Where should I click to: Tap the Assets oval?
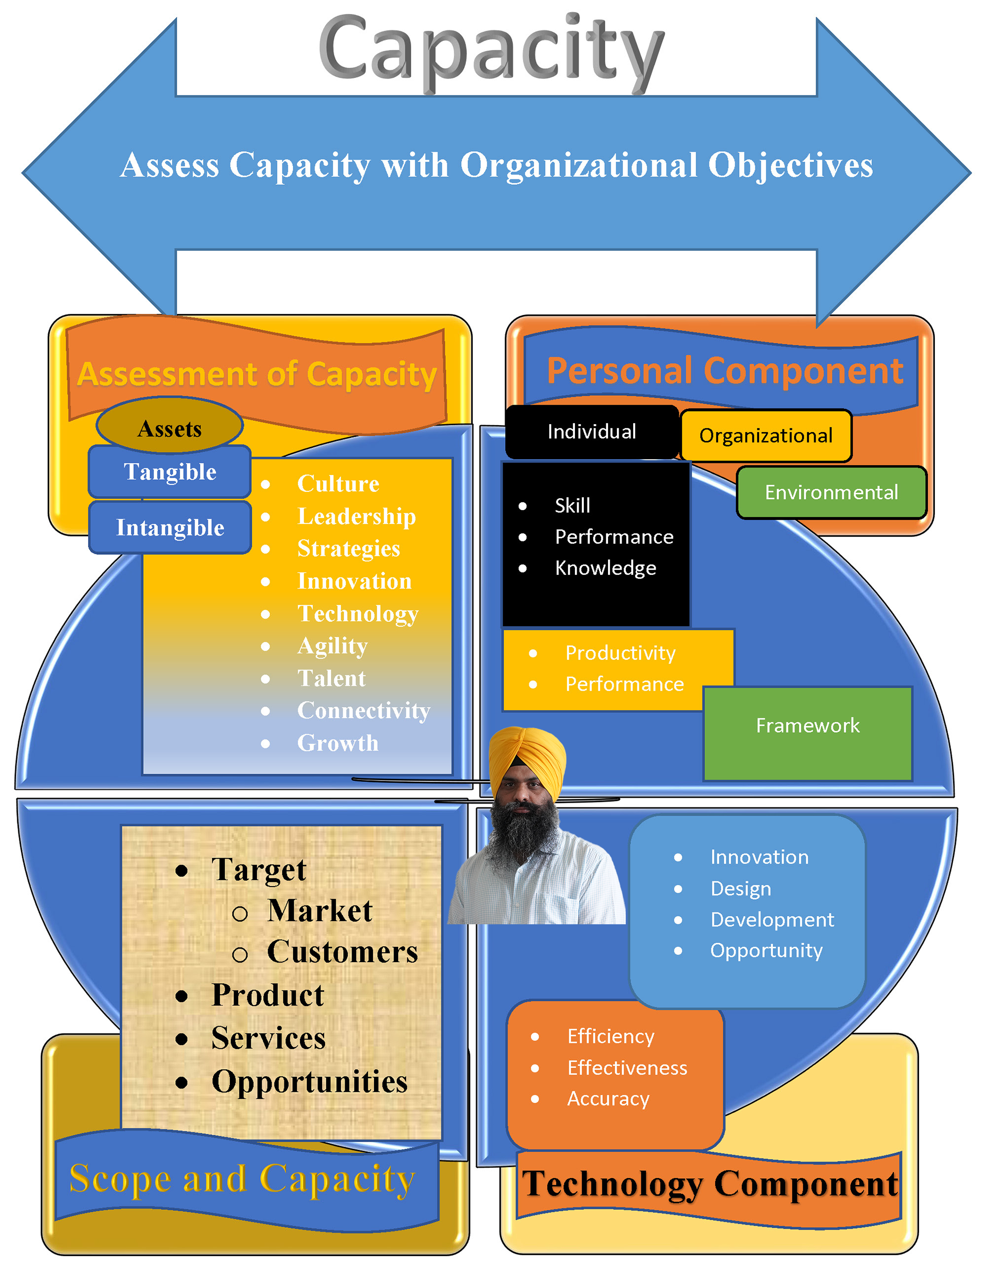point(170,426)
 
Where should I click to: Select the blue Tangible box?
point(170,472)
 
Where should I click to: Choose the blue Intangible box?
point(170,527)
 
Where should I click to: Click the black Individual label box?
point(592,432)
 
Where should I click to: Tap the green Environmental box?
point(831,493)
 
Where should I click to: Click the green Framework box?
point(808,734)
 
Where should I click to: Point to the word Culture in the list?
point(338,484)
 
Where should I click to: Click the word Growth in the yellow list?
point(338,743)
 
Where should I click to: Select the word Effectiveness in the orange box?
point(627,1068)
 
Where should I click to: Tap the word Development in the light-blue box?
point(772,920)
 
